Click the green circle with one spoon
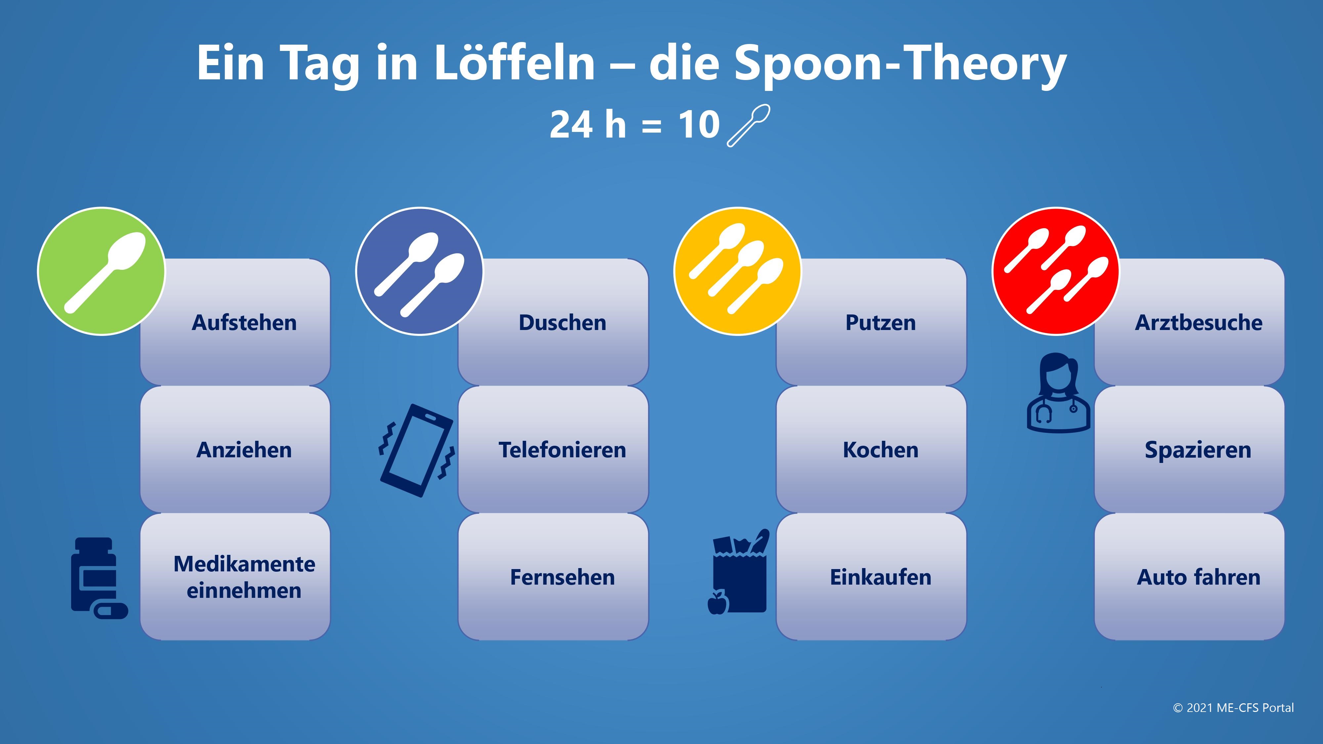102,271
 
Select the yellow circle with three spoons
738,271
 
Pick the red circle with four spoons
1055,271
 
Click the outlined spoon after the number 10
748,126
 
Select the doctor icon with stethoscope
1058,393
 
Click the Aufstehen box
235,322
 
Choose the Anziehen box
235,449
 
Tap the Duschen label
562,322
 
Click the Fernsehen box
553,577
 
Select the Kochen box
871,449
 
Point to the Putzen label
880,322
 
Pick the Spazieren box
1189,449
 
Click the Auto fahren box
1189,577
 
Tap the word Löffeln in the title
514,62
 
